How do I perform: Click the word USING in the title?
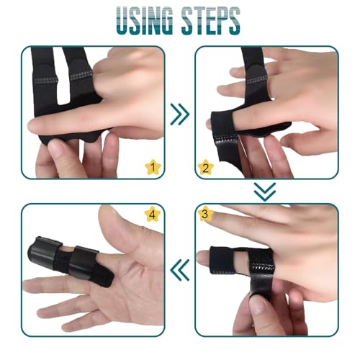pyautogui.click(x=145, y=21)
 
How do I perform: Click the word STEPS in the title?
pyautogui.click(x=210, y=21)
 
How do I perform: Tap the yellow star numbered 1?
pyautogui.click(x=153, y=167)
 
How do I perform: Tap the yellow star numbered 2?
pyautogui.click(x=205, y=167)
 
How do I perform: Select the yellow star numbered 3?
pyautogui.click(x=205, y=213)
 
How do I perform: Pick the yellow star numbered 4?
pyautogui.click(x=152, y=215)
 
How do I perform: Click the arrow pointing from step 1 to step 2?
pyautogui.click(x=180, y=114)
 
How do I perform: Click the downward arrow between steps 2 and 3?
pyautogui.click(x=265, y=192)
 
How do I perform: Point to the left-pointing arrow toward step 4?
pyautogui.click(x=180, y=270)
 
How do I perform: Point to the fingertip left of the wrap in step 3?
pyautogui.click(x=204, y=258)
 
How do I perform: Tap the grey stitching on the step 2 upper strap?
pyautogui.click(x=257, y=80)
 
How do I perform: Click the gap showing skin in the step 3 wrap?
pyautogui.click(x=240, y=261)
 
